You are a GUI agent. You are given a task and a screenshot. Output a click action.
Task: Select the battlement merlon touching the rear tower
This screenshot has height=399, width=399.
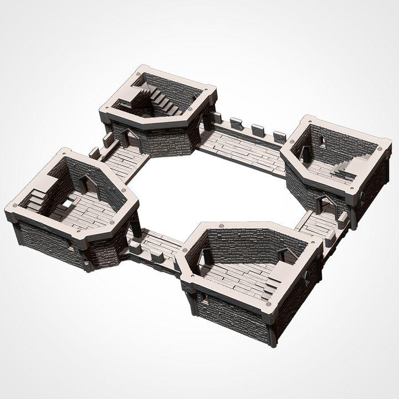click(216, 118)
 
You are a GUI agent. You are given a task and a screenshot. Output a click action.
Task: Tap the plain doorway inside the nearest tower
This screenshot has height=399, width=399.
click(206, 257)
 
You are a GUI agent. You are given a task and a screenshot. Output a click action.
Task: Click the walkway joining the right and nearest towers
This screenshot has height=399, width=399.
click(319, 224)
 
